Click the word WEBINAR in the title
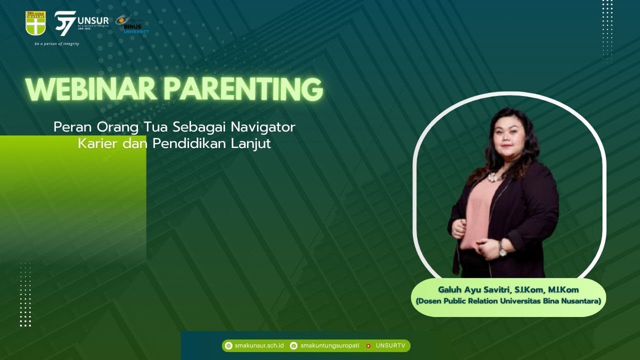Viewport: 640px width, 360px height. pos(91,89)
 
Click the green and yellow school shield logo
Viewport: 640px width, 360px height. pos(35,23)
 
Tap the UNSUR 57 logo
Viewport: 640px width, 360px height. pos(80,22)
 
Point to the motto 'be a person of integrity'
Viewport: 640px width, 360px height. pos(56,44)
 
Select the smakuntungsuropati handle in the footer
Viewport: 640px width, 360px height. pos(329,345)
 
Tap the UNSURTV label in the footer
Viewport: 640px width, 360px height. pos(390,345)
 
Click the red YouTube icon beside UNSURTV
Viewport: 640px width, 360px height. pos(368,345)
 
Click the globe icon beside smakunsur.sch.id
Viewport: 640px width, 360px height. pos(228,345)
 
